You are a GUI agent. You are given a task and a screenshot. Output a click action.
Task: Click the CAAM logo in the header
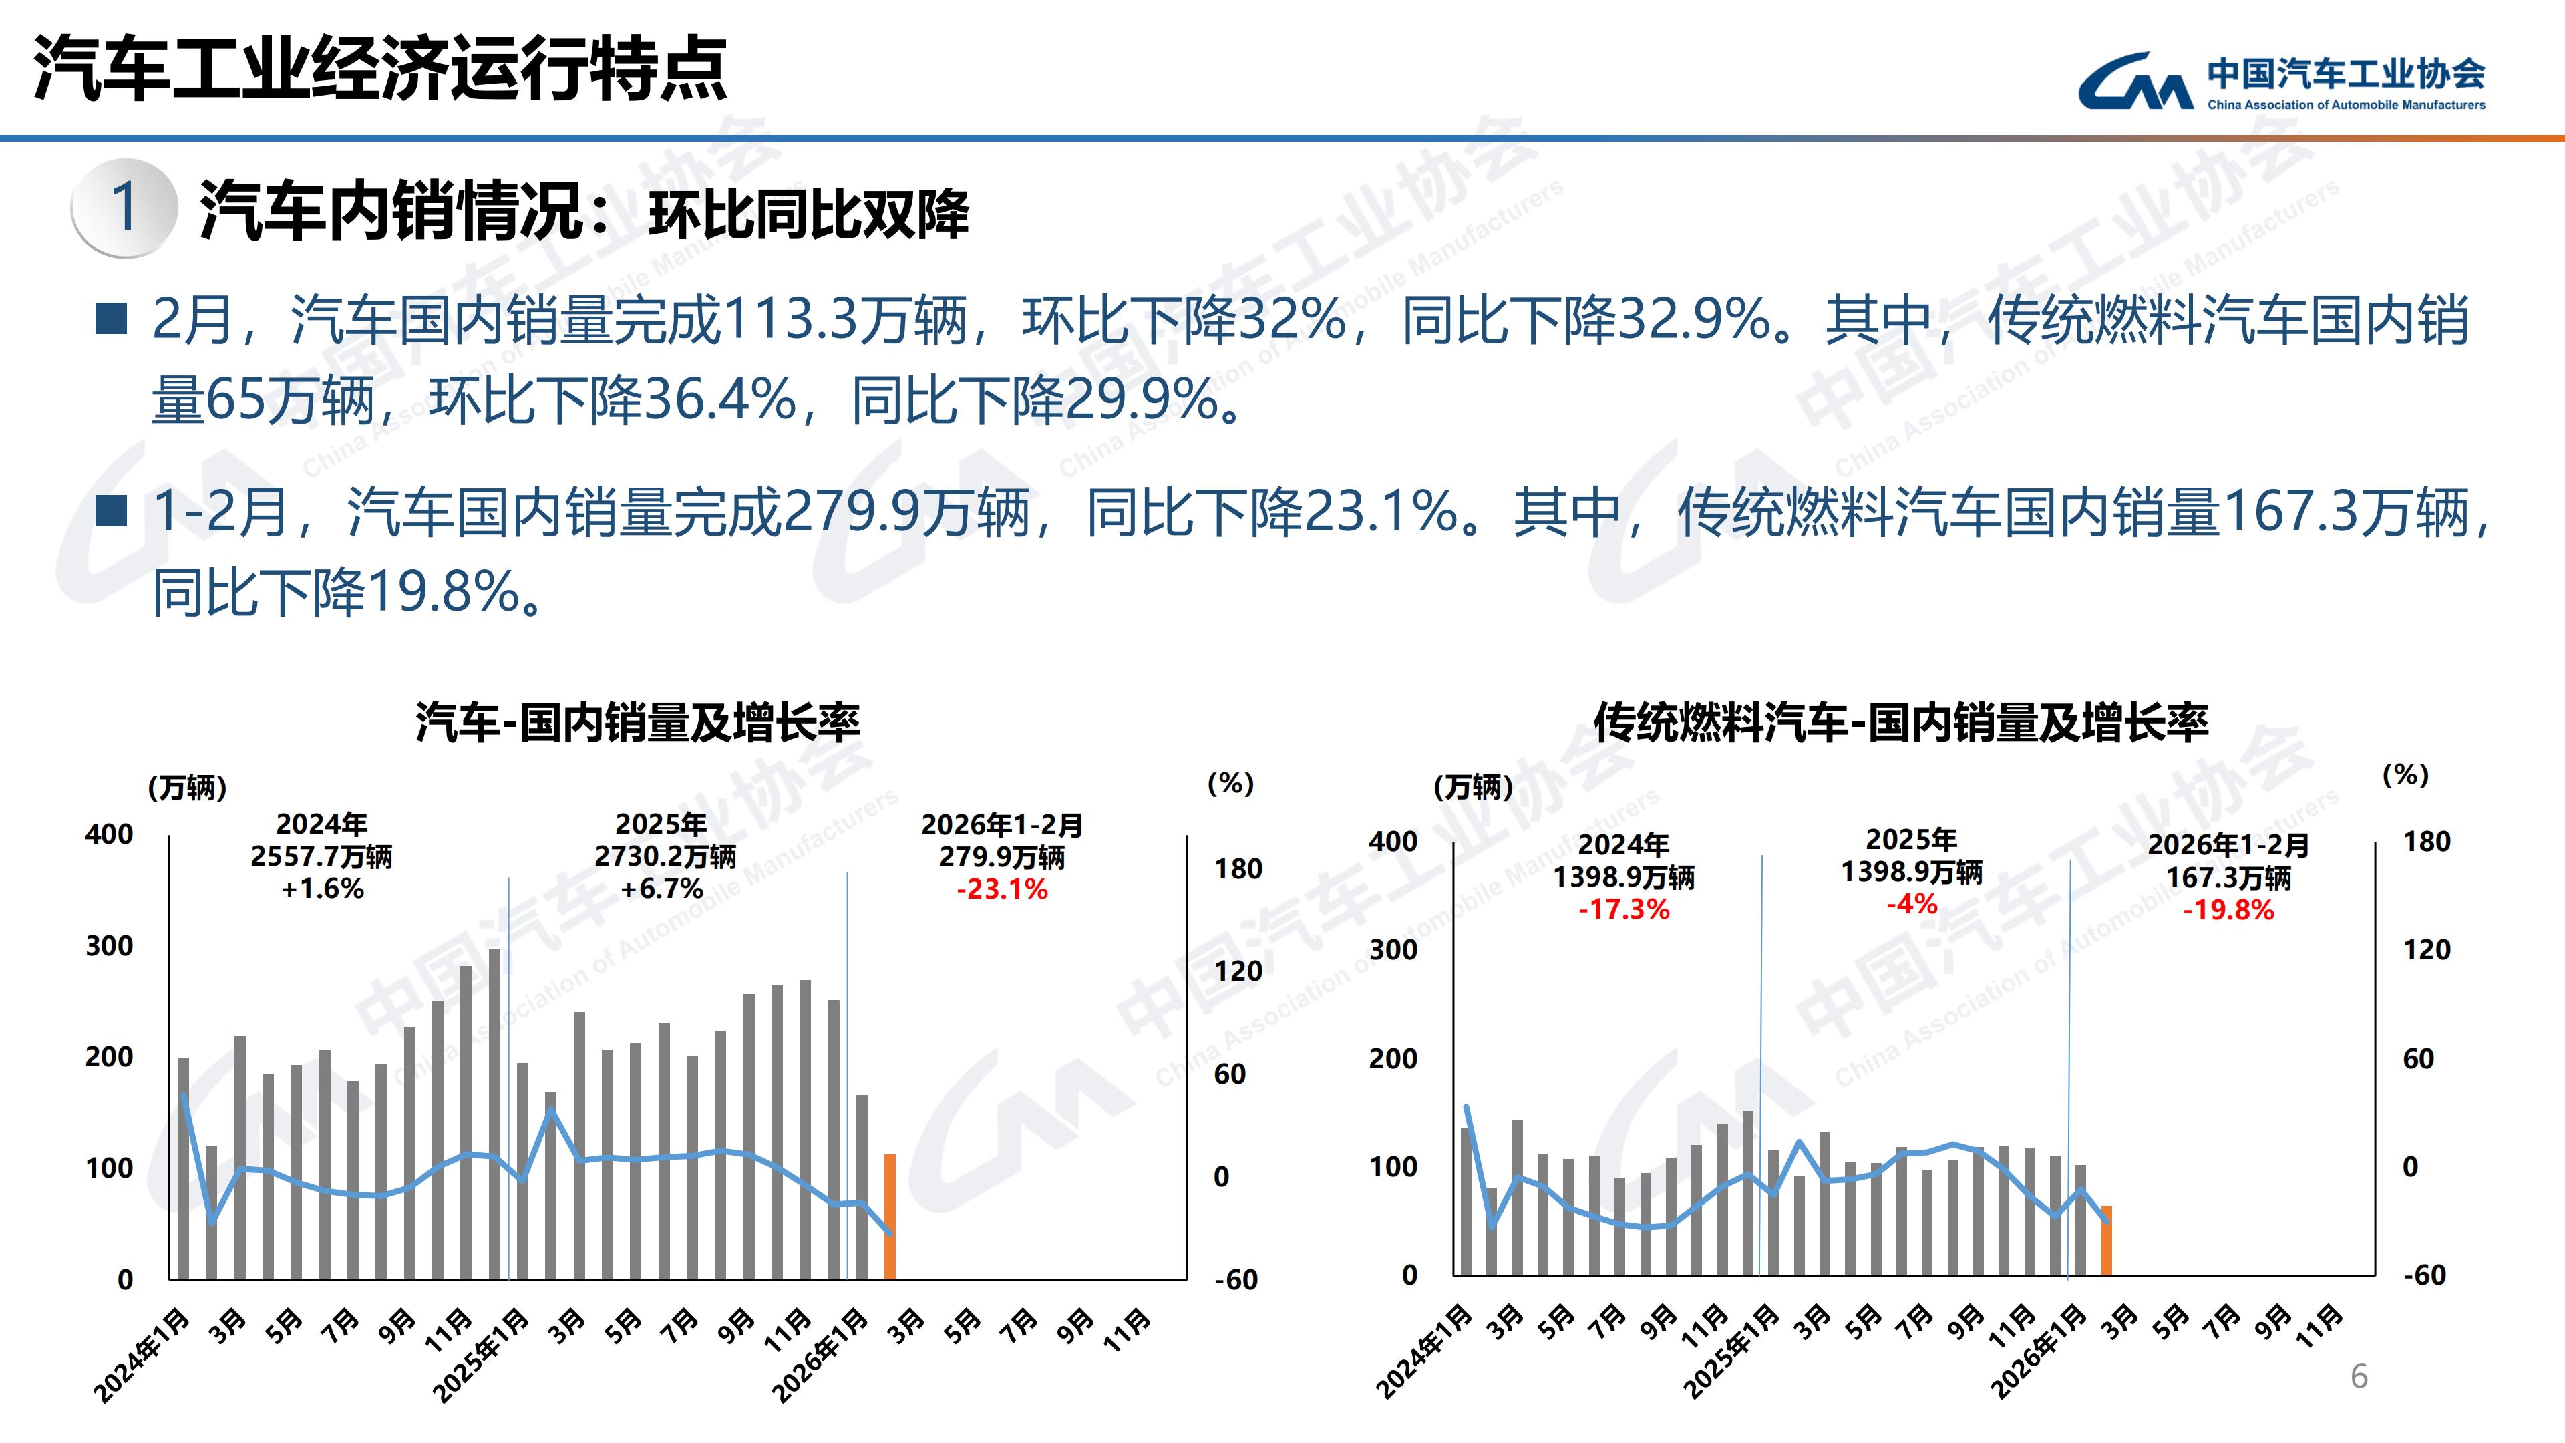(x=2280, y=82)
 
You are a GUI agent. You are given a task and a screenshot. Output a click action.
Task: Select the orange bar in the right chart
(x=2106, y=1240)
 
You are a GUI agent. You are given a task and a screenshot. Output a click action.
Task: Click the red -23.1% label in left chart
(x=1002, y=889)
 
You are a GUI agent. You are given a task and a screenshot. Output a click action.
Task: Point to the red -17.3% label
(x=1623, y=909)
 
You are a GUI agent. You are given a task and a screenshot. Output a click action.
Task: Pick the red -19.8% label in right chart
(x=2228, y=910)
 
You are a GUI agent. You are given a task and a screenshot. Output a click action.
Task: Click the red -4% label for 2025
(x=1911, y=905)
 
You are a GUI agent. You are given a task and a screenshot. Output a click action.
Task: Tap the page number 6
(x=2359, y=1376)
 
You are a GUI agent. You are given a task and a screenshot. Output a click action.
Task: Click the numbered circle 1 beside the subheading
(x=124, y=207)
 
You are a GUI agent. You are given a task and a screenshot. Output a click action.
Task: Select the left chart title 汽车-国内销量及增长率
(x=637, y=722)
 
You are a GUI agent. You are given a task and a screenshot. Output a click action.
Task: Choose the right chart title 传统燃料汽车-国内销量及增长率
(x=1900, y=722)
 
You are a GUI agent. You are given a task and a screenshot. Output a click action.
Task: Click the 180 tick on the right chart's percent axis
(x=2427, y=842)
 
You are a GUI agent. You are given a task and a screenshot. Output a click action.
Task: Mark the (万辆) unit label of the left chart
(x=187, y=788)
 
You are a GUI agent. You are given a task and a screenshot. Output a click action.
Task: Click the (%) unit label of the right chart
(x=2405, y=774)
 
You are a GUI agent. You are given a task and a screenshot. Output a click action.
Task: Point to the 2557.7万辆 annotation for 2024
(x=321, y=856)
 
